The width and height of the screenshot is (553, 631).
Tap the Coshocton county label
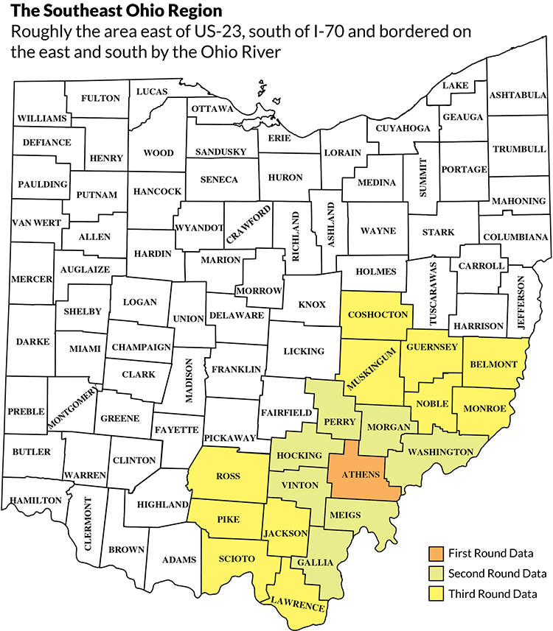pos(378,314)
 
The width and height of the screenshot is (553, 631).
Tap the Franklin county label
pos(236,369)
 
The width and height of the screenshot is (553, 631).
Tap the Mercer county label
pos(32,279)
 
